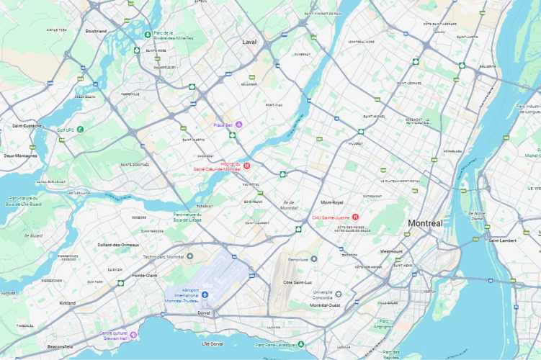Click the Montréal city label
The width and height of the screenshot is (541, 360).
[x=424, y=223]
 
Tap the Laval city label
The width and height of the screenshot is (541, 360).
[x=249, y=42]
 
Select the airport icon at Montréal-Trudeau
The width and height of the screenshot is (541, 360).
[x=205, y=294]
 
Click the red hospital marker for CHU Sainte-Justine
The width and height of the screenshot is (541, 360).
[x=355, y=217]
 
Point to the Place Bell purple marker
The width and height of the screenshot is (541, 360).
[x=239, y=125]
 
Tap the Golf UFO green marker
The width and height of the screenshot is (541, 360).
[x=80, y=130]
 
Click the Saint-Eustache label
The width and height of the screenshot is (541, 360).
[x=27, y=126]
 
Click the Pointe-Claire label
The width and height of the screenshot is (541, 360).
[x=146, y=275]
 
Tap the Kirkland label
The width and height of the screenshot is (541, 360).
[x=68, y=303]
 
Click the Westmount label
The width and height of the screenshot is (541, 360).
[x=391, y=251]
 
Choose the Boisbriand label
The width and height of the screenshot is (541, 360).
[x=96, y=31]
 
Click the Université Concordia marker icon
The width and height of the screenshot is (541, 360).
[x=338, y=294]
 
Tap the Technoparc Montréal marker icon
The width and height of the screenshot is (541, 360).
[x=190, y=256]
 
